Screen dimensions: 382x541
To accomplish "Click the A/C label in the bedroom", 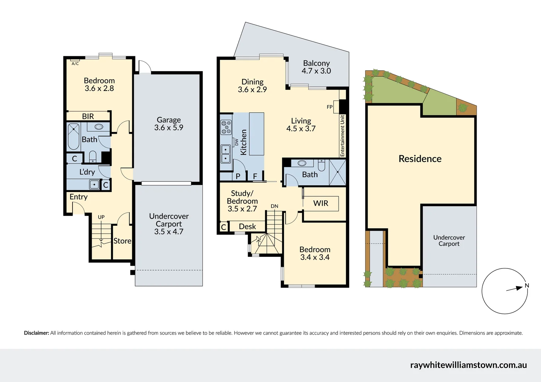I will pyautogui.click(x=75, y=64).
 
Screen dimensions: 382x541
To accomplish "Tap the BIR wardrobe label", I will pyautogui.click(x=88, y=116).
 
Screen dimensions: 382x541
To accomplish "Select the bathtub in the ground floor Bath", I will pyautogui.click(x=74, y=137).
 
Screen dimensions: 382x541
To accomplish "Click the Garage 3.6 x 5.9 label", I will pyautogui.click(x=169, y=124).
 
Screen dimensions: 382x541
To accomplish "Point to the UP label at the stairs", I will pyautogui.click(x=101, y=217).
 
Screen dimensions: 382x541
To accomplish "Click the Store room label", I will pyautogui.click(x=122, y=241).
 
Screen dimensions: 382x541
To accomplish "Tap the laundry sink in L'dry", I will pyautogui.click(x=94, y=185).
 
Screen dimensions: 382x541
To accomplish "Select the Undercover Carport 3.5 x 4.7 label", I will pyautogui.click(x=169, y=224).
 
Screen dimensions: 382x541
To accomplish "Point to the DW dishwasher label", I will pyautogui.click(x=237, y=142).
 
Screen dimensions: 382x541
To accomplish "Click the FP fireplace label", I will pyautogui.click(x=329, y=107).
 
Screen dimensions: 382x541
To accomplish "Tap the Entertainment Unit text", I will pyautogui.click(x=342, y=136).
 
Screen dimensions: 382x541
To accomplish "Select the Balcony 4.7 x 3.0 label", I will pyautogui.click(x=316, y=67).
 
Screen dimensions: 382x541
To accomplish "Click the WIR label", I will pyautogui.click(x=321, y=203).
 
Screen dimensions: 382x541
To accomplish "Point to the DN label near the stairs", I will pyautogui.click(x=275, y=206).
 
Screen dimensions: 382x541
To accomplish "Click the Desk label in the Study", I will pyautogui.click(x=247, y=227).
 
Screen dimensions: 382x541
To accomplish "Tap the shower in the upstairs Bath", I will pyautogui.click(x=337, y=172).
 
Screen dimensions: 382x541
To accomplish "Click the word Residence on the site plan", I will pyautogui.click(x=420, y=159).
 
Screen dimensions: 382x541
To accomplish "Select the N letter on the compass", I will pyautogui.click(x=527, y=285).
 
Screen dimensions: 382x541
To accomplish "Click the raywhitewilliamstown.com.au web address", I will pyautogui.click(x=468, y=365).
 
